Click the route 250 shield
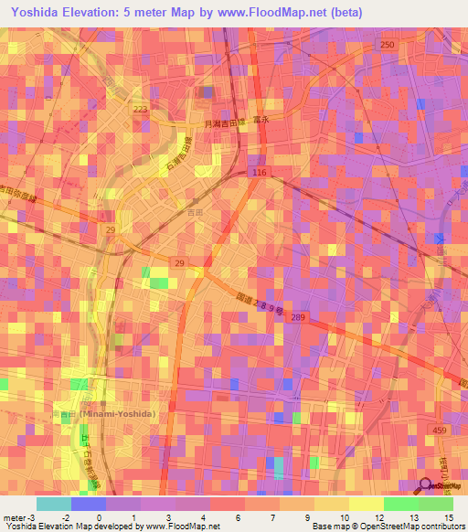click(388, 45)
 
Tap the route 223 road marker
click(140, 110)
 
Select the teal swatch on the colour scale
click(53, 504)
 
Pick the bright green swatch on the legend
click(400, 504)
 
